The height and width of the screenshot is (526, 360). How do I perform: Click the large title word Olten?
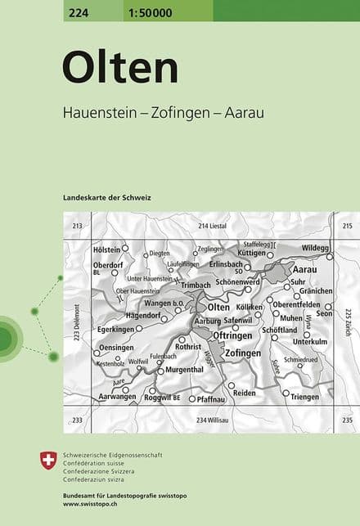point(119,68)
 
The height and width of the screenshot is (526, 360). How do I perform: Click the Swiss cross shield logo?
point(48,461)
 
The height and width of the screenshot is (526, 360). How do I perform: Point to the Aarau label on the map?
point(304,269)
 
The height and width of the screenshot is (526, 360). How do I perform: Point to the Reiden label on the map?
point(244,393)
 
